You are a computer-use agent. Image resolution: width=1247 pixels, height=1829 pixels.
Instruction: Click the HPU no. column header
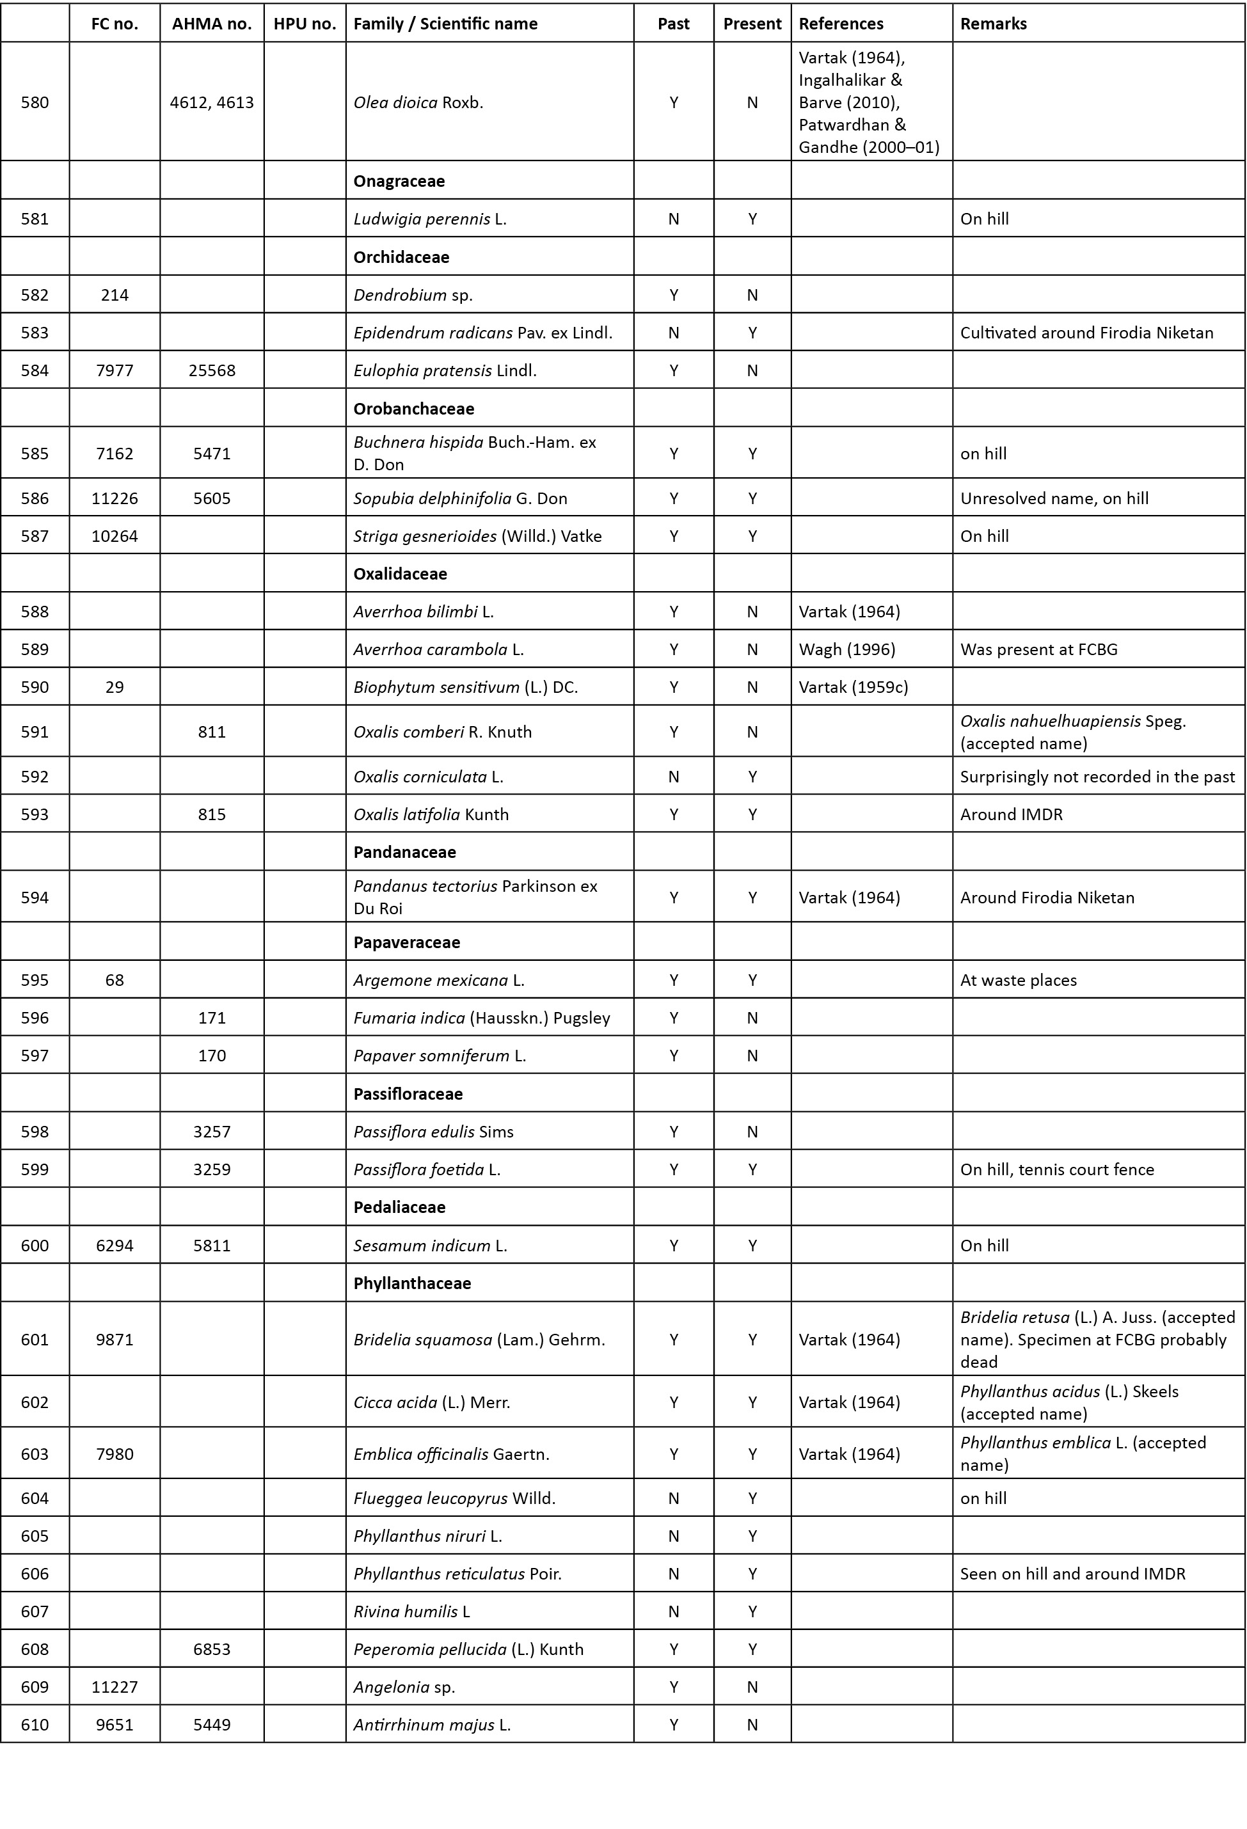[305, 24]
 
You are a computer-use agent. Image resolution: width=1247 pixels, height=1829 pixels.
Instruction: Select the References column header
[841, 24]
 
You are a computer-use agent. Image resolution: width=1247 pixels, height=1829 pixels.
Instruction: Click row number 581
[35, 219]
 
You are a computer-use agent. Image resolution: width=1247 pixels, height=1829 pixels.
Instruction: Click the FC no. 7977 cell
[115, 370]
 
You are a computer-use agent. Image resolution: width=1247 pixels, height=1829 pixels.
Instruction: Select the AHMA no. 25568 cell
[212, 370]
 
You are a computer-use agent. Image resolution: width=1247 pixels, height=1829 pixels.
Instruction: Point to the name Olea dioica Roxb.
[418, 102]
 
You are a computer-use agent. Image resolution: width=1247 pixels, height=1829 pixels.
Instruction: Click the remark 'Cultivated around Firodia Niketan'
[1086, 332]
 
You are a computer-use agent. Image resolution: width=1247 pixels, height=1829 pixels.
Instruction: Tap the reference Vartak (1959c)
[854, 687]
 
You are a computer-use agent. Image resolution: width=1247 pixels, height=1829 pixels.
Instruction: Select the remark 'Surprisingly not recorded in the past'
[1097, 776]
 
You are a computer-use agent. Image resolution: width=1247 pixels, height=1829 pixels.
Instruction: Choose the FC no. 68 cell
[115, 980]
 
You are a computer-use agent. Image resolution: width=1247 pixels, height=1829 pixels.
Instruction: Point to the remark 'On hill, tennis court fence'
[1056, 1169]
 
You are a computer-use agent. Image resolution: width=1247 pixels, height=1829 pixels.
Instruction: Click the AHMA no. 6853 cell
[212, 1649]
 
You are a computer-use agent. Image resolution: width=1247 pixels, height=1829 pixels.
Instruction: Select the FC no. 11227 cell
[115, 1686]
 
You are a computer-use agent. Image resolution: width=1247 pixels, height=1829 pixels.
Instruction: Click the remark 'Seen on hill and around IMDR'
[1072, 1573]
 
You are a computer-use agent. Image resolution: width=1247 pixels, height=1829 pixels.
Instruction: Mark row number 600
[35, 1245]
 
